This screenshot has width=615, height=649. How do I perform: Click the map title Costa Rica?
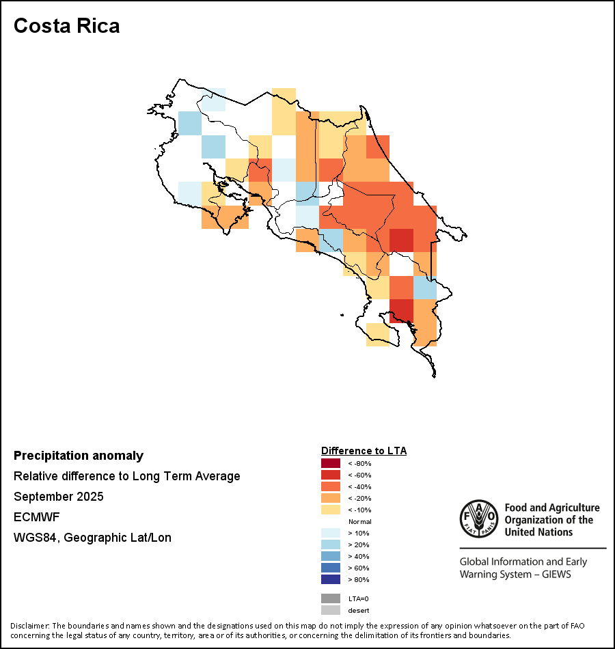66,26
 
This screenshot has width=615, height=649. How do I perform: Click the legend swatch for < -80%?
330,463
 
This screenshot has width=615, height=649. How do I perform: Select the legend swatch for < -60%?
330,475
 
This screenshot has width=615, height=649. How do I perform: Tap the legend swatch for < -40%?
330,486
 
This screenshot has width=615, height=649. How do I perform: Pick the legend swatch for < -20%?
330,498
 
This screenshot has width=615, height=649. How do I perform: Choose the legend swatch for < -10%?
330,510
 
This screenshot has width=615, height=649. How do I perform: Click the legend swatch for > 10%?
330,533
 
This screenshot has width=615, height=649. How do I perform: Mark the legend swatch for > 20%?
330,544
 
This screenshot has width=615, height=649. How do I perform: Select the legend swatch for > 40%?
330,556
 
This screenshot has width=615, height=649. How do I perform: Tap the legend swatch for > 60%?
330,568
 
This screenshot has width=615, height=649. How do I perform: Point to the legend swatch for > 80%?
330,579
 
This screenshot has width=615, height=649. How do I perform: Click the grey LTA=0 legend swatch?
330,598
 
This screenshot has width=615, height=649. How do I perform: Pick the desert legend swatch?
330,610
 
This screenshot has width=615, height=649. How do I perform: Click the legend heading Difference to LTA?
364,451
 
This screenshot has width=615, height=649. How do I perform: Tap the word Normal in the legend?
359,521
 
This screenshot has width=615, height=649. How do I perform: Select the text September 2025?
59,497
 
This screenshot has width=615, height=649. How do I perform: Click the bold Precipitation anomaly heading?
79,456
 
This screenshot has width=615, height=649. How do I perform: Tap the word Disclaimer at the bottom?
29,626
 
